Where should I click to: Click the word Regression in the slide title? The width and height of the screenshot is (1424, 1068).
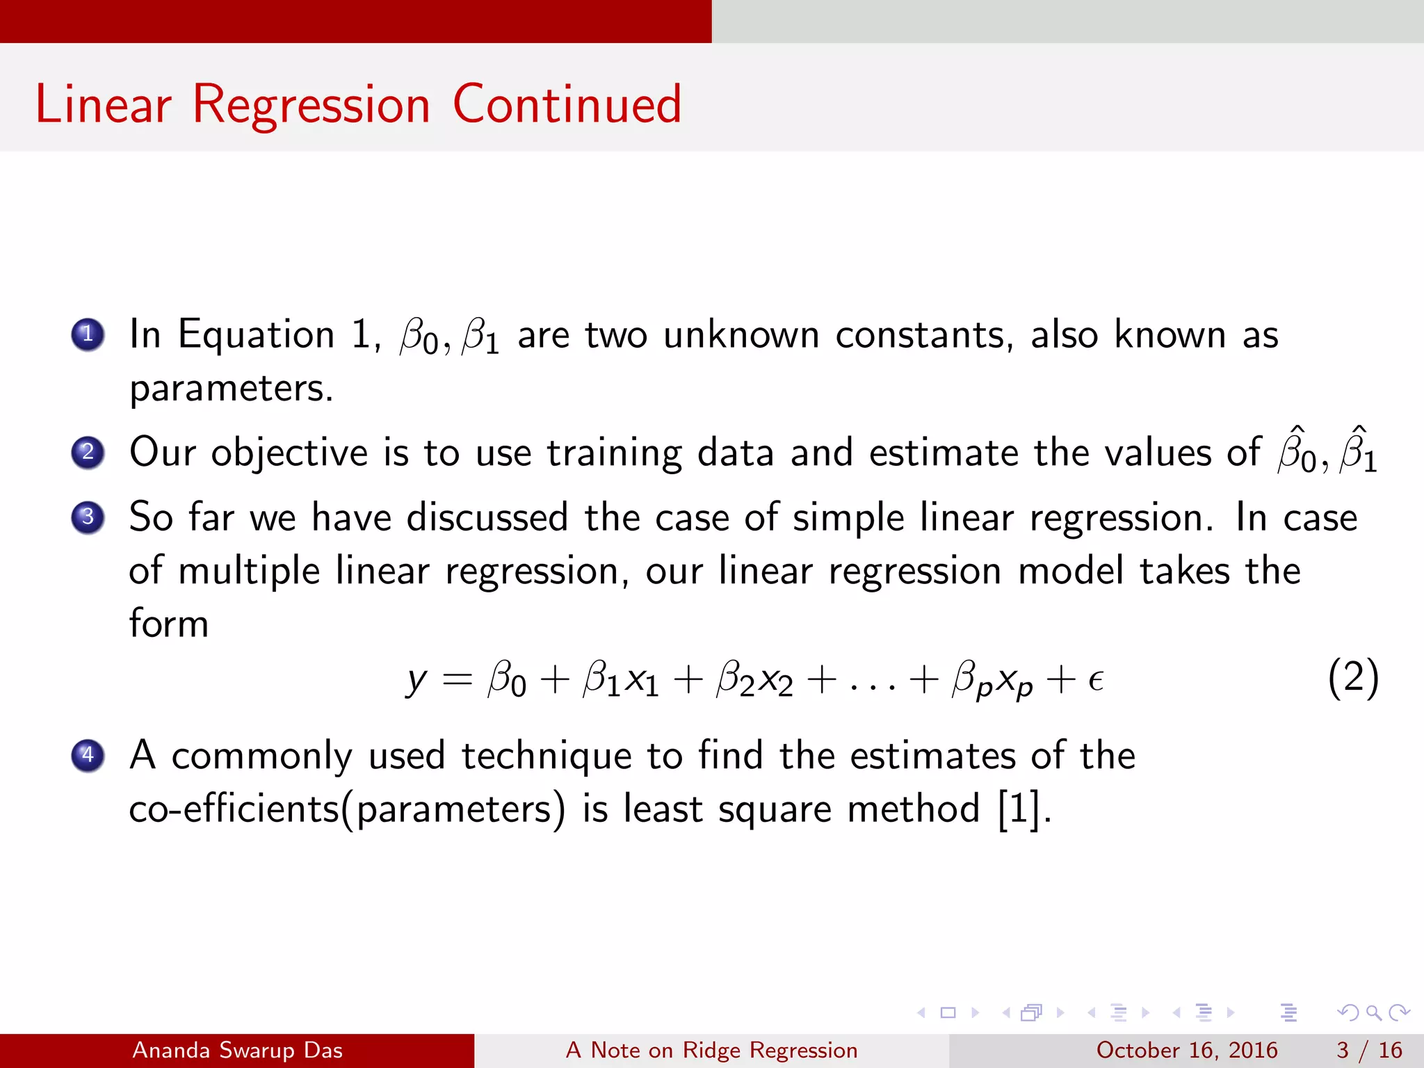pyautogui.click(x=311, y=105)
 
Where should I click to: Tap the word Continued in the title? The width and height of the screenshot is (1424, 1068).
pyautogui.click(x=567, y=104)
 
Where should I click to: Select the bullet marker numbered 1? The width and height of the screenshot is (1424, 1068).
pyautogui.click(x=88, y=334)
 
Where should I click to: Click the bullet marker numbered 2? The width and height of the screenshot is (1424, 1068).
pyautogui.click(x=88, y=453)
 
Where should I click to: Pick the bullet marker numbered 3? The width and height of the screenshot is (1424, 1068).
pyautogui.click(x=88, y=517)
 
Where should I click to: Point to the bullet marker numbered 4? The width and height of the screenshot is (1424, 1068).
pyautogui.click(x=88, y=755)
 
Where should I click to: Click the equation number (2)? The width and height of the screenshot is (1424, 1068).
pyautogui.click(x=1352, y=678)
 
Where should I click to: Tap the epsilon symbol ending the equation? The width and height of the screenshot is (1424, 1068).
pyautogui.click(x=1096, y=680)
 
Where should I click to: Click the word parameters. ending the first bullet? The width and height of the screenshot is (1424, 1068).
pyautogui.click(x=232, y=388)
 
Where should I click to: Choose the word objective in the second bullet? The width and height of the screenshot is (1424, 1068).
pyautogui.click(x=289, y=453)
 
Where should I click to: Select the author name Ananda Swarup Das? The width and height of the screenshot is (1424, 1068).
pyautogui.click(x=237, y=1050)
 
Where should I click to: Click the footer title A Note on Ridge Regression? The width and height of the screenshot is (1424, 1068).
pyautogui.click(x=711, y=1050)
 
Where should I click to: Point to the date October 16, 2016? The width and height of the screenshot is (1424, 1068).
pyautogui.click(x=1186, y=1050)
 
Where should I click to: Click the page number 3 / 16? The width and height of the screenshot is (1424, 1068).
pyautogui.click(x=1368, y=1050)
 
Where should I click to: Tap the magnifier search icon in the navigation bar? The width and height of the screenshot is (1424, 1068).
pyautogui.click(x=1373, y=1012)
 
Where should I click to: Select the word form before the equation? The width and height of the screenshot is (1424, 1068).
pyautogui.click(x=169, y=623)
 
